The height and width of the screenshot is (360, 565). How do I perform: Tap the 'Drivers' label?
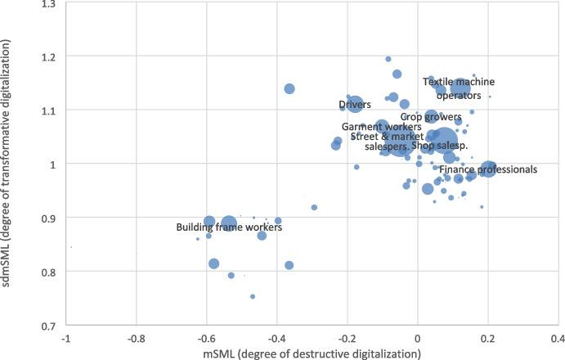(x=355, y=105)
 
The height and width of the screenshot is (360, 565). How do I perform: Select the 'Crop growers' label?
(x=431, y=117)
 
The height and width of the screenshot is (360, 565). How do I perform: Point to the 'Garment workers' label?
(x=378, y=128)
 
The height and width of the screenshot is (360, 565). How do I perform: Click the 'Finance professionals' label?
(x=488, y=169)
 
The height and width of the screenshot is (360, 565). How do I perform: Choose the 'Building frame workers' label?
(x=229, y=227)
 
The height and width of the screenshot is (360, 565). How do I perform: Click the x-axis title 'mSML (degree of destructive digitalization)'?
(x=312, y=353)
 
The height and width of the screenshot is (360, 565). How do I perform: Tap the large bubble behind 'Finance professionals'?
(x=488, y=169)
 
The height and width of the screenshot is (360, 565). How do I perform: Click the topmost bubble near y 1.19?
(x=388, y=59)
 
